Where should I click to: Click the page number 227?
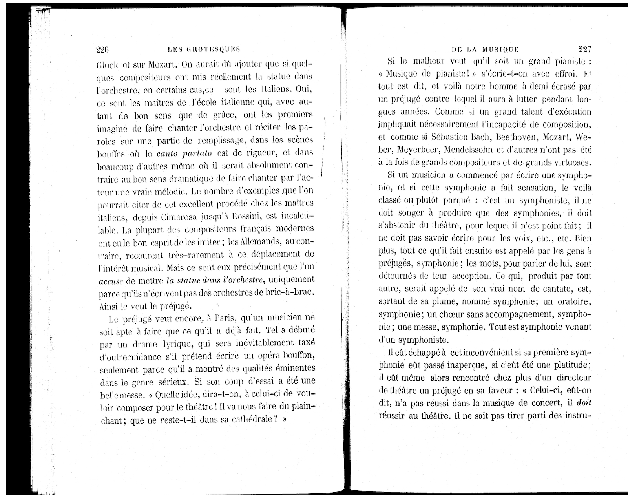pos(584,49)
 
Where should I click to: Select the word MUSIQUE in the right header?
pos(500,49)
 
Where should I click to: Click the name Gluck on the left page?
pos(107,64)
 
